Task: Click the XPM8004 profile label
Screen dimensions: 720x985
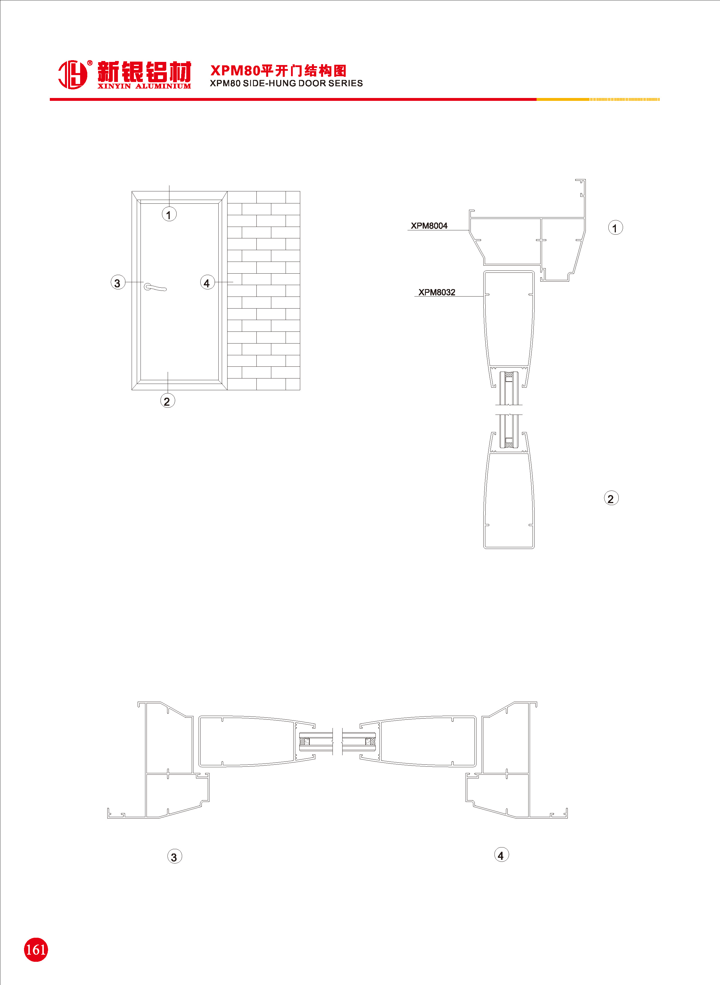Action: (429, 225)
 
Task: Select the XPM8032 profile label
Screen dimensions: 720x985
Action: (437, 292)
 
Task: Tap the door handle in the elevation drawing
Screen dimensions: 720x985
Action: (155, 287)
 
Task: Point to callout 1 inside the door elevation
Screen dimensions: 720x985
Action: (169, 214)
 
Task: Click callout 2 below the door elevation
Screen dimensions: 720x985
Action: (167, 401)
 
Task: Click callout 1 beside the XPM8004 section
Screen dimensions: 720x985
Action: (615, 227)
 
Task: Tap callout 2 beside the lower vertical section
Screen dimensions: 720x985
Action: (611, 498)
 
